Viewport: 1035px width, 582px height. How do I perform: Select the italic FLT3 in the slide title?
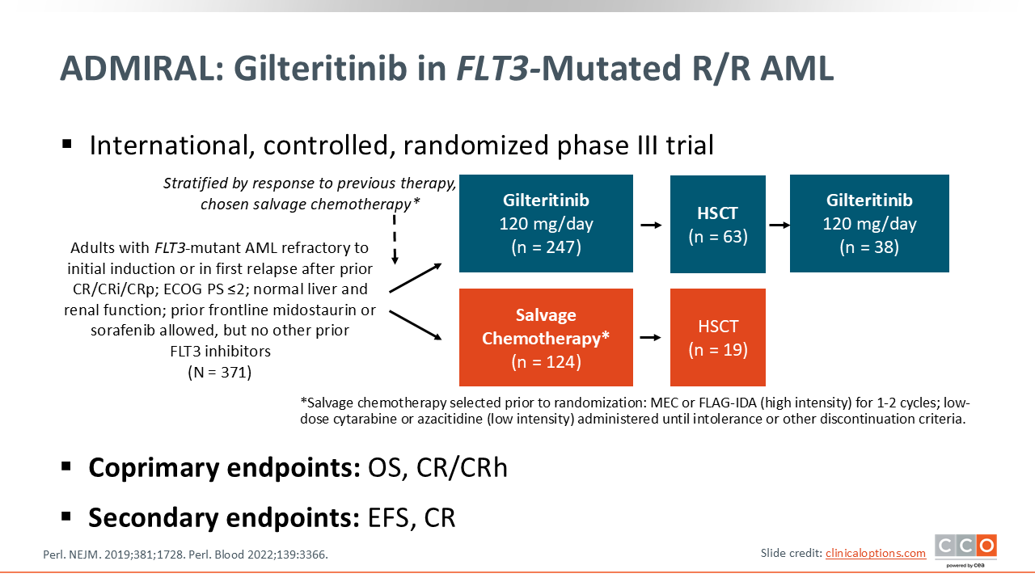492,69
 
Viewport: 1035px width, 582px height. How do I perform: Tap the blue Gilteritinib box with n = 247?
546,224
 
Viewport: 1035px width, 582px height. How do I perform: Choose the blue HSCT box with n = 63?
717,224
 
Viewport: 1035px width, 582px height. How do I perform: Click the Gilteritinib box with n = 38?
869,224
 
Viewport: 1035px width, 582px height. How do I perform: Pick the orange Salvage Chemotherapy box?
546,337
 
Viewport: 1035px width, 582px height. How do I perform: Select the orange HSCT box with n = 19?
717,337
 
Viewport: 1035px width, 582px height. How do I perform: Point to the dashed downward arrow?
395,239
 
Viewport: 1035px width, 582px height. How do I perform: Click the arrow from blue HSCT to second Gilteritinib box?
779,226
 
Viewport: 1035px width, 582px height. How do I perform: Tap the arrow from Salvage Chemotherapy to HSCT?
651,338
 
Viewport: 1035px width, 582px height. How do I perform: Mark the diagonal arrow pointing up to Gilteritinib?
416,278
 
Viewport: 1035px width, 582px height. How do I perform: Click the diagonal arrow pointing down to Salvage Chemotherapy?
416,325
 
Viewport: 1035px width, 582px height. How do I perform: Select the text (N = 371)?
220,373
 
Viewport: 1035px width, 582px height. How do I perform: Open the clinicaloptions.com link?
876,554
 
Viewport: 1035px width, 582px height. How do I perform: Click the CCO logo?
965,550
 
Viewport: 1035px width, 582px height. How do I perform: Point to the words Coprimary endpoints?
225,467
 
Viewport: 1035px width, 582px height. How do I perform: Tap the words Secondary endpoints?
224,517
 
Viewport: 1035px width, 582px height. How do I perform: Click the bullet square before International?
67,144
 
